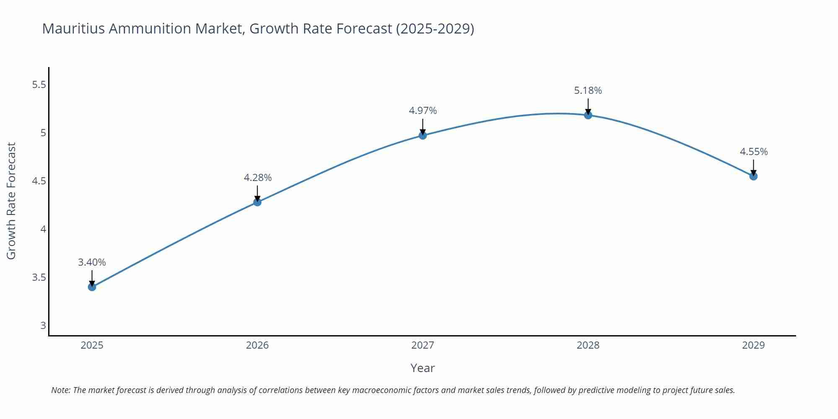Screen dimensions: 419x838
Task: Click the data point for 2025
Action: point(92,287)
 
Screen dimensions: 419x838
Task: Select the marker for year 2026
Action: point(257,202)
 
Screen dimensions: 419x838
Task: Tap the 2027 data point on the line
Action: point(423,135)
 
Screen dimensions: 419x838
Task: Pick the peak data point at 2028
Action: point(588,115)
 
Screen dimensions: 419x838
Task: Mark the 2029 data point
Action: point(753,176)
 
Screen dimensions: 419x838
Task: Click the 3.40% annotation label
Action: point(92,262)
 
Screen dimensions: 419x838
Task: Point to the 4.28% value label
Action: point(258,178)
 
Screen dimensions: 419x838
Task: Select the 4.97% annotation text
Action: point(423,111)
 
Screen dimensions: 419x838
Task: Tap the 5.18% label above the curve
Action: point(588,91)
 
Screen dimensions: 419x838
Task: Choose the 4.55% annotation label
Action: point(753,152)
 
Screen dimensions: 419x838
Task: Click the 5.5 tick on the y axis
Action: point(39,85)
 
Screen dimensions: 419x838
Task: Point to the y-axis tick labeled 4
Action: point(43,229)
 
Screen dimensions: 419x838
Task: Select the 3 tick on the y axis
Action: point(43,326)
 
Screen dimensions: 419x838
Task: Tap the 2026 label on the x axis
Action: point(257,345)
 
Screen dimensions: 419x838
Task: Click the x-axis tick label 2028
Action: point(588,345)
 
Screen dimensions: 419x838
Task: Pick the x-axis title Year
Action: point(422,368)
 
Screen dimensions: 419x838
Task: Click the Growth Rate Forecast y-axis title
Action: point(11,201)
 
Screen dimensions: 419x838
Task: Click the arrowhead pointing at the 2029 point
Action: point(753,173)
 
